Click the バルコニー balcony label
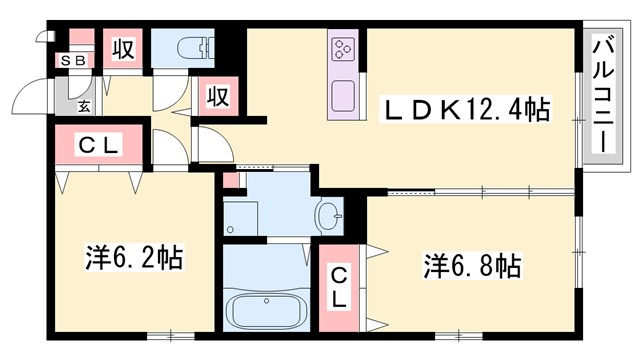point(603,95)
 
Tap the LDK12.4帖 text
point(469,108)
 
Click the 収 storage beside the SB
point(121,48)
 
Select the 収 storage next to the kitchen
point(218,97)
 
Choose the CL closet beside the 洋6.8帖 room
point(340,284)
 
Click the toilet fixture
point(193,47)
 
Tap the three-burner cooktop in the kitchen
point(343,48)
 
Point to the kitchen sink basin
point(343,96)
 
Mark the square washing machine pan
point(242,215)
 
